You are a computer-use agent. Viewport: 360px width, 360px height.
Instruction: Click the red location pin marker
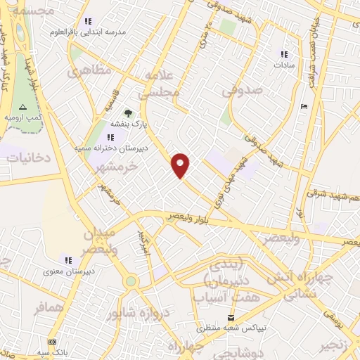tap(181, 165)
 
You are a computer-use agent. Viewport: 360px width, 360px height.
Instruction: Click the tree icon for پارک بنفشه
tap(127, 112)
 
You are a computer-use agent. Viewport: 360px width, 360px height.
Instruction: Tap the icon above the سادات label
tap(283, 54)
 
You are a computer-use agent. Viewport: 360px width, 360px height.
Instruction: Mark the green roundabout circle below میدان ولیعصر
tap(130, 281)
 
